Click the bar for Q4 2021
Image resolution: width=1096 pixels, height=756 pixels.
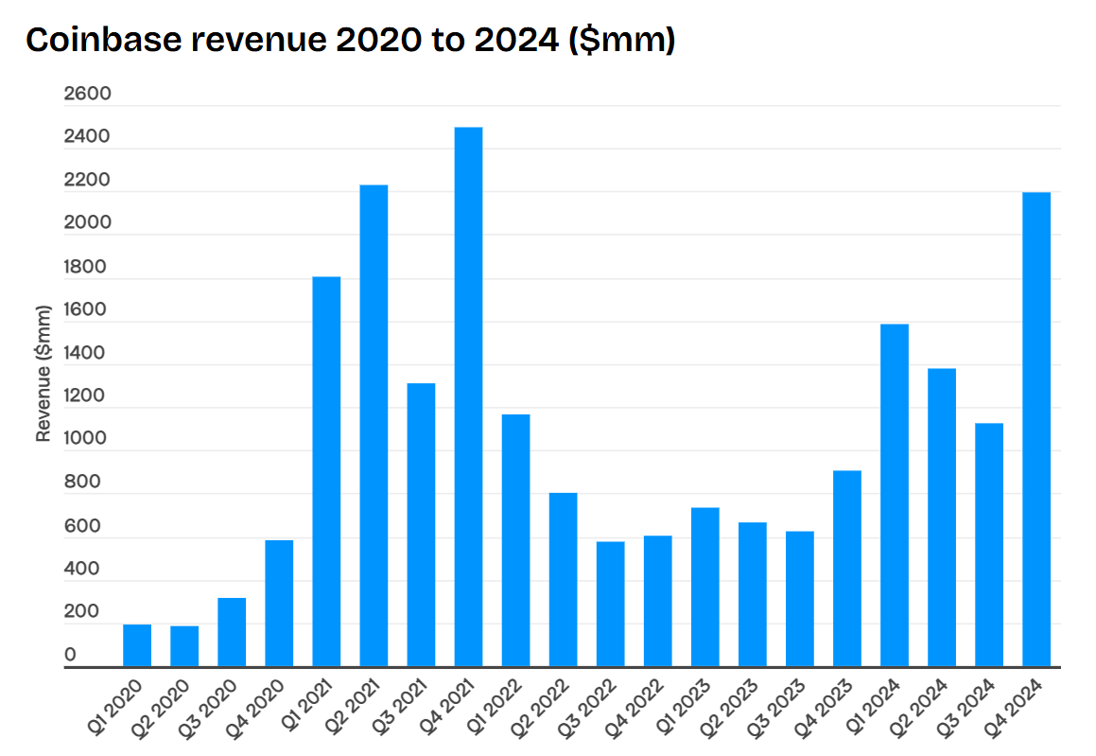(468, 397)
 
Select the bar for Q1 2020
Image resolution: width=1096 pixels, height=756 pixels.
(137, 645)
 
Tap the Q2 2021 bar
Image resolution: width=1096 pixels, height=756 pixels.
(374, 426)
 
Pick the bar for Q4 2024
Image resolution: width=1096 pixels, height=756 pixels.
(1036, 430)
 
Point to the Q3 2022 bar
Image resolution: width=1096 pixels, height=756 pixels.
(610, 605)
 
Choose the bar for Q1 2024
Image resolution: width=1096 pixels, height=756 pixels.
(895, 496)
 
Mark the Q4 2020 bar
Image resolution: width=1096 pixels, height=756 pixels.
(279, 604)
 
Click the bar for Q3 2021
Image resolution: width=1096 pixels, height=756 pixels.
(421, 525)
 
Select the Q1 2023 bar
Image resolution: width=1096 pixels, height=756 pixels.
(705, 588)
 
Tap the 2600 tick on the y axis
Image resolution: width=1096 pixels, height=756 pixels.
(87, 94)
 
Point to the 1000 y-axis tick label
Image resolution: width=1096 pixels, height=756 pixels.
(87, 439)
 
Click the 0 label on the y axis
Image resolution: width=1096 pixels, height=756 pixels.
(70, 655)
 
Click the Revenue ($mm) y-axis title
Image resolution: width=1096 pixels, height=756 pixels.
(43, 373)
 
